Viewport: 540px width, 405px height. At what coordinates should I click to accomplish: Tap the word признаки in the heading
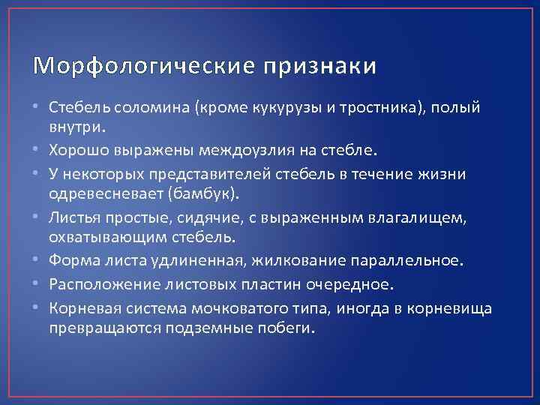pos(319,67)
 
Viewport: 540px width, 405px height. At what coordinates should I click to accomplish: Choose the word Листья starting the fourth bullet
pos(70,218)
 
